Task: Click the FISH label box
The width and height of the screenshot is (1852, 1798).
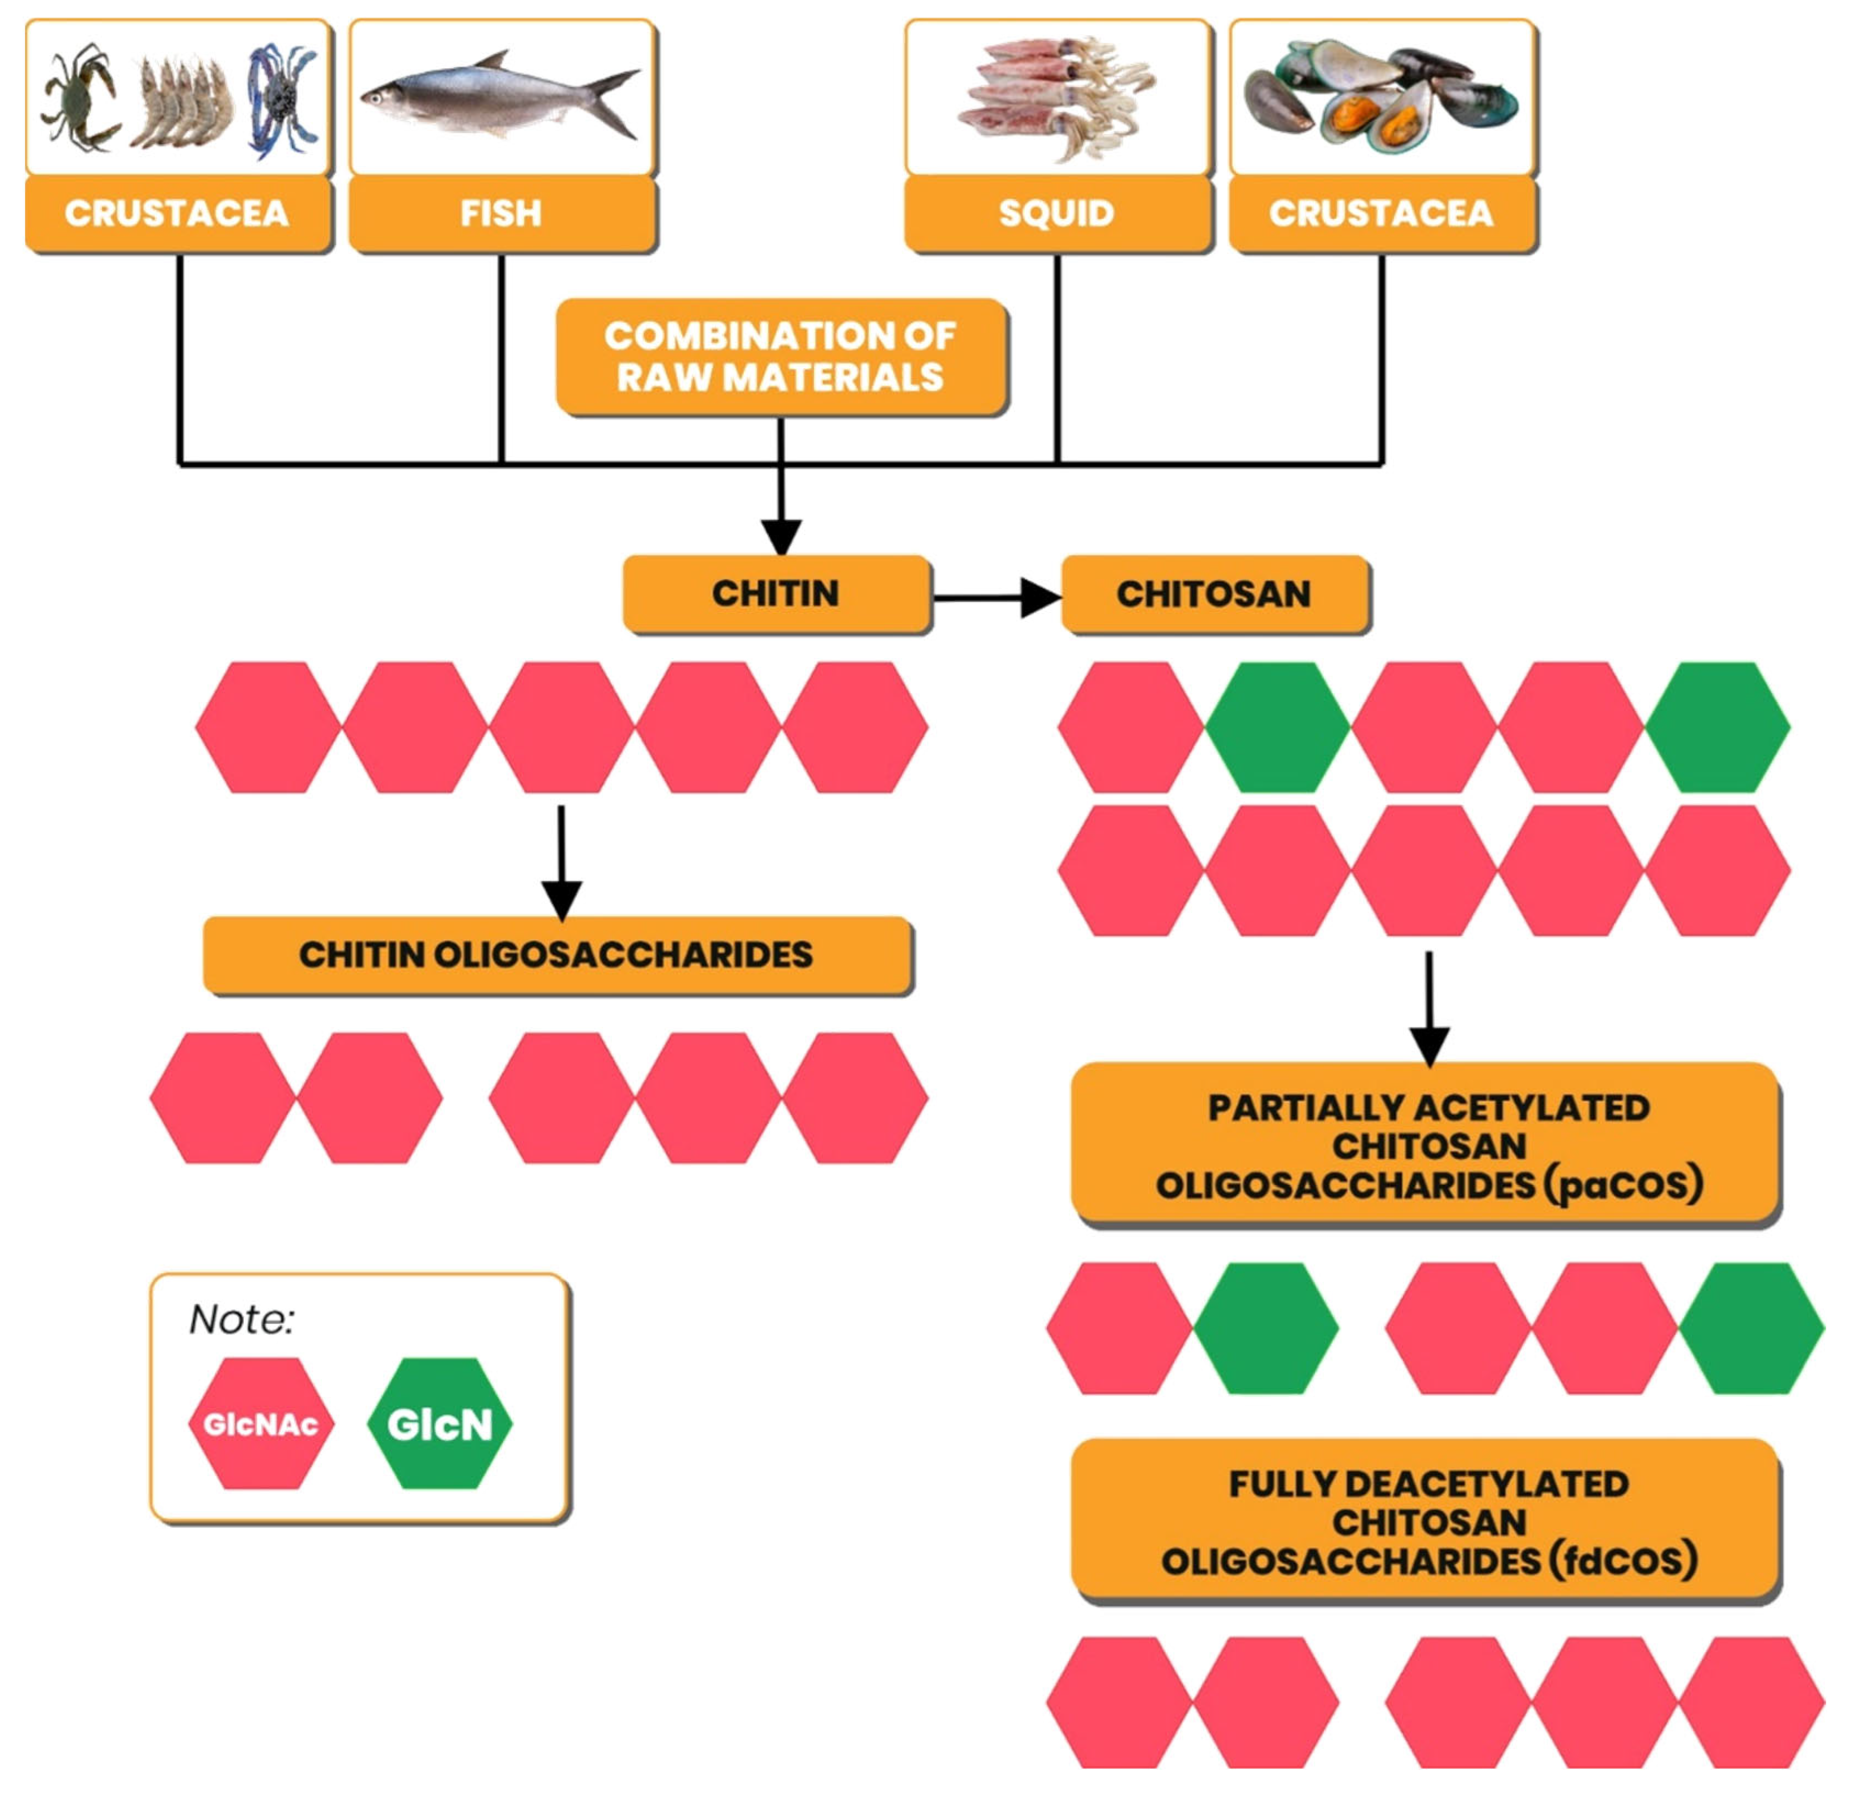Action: click(502, 214)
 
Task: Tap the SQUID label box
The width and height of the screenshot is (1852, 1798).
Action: click(1058, 214)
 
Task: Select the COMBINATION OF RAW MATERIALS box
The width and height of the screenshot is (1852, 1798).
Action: click(781, 356)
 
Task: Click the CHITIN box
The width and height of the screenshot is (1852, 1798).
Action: click(776, 593)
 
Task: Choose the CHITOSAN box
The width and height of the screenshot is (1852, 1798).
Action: click(1214, 593)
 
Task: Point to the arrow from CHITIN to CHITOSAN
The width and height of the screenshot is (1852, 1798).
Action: click(996, 597)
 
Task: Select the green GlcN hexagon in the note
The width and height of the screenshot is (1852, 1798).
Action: click(440, 1424)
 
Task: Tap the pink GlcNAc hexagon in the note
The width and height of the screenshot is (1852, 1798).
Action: click(261, 1424)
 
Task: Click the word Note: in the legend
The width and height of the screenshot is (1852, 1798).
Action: click(242, 1320)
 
